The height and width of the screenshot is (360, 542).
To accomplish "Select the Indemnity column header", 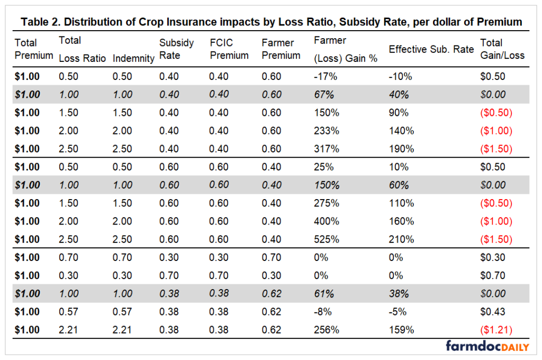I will tap(133, 58).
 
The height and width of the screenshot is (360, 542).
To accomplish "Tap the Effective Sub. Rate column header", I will tap(431, 49).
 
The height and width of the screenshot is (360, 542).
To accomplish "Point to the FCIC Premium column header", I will tap(229, 49).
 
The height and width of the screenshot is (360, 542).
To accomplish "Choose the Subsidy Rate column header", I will tap(176, 49).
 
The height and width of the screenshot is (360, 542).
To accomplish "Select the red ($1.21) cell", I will tap(496, 330).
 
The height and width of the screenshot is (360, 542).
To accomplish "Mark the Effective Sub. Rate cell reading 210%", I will tap(399, 239).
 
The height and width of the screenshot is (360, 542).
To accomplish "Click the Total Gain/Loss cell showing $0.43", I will tap(492, 312).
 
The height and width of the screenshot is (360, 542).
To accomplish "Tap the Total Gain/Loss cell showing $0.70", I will tap(492, 276).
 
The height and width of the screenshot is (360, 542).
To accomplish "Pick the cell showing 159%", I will tap(399, 330).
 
